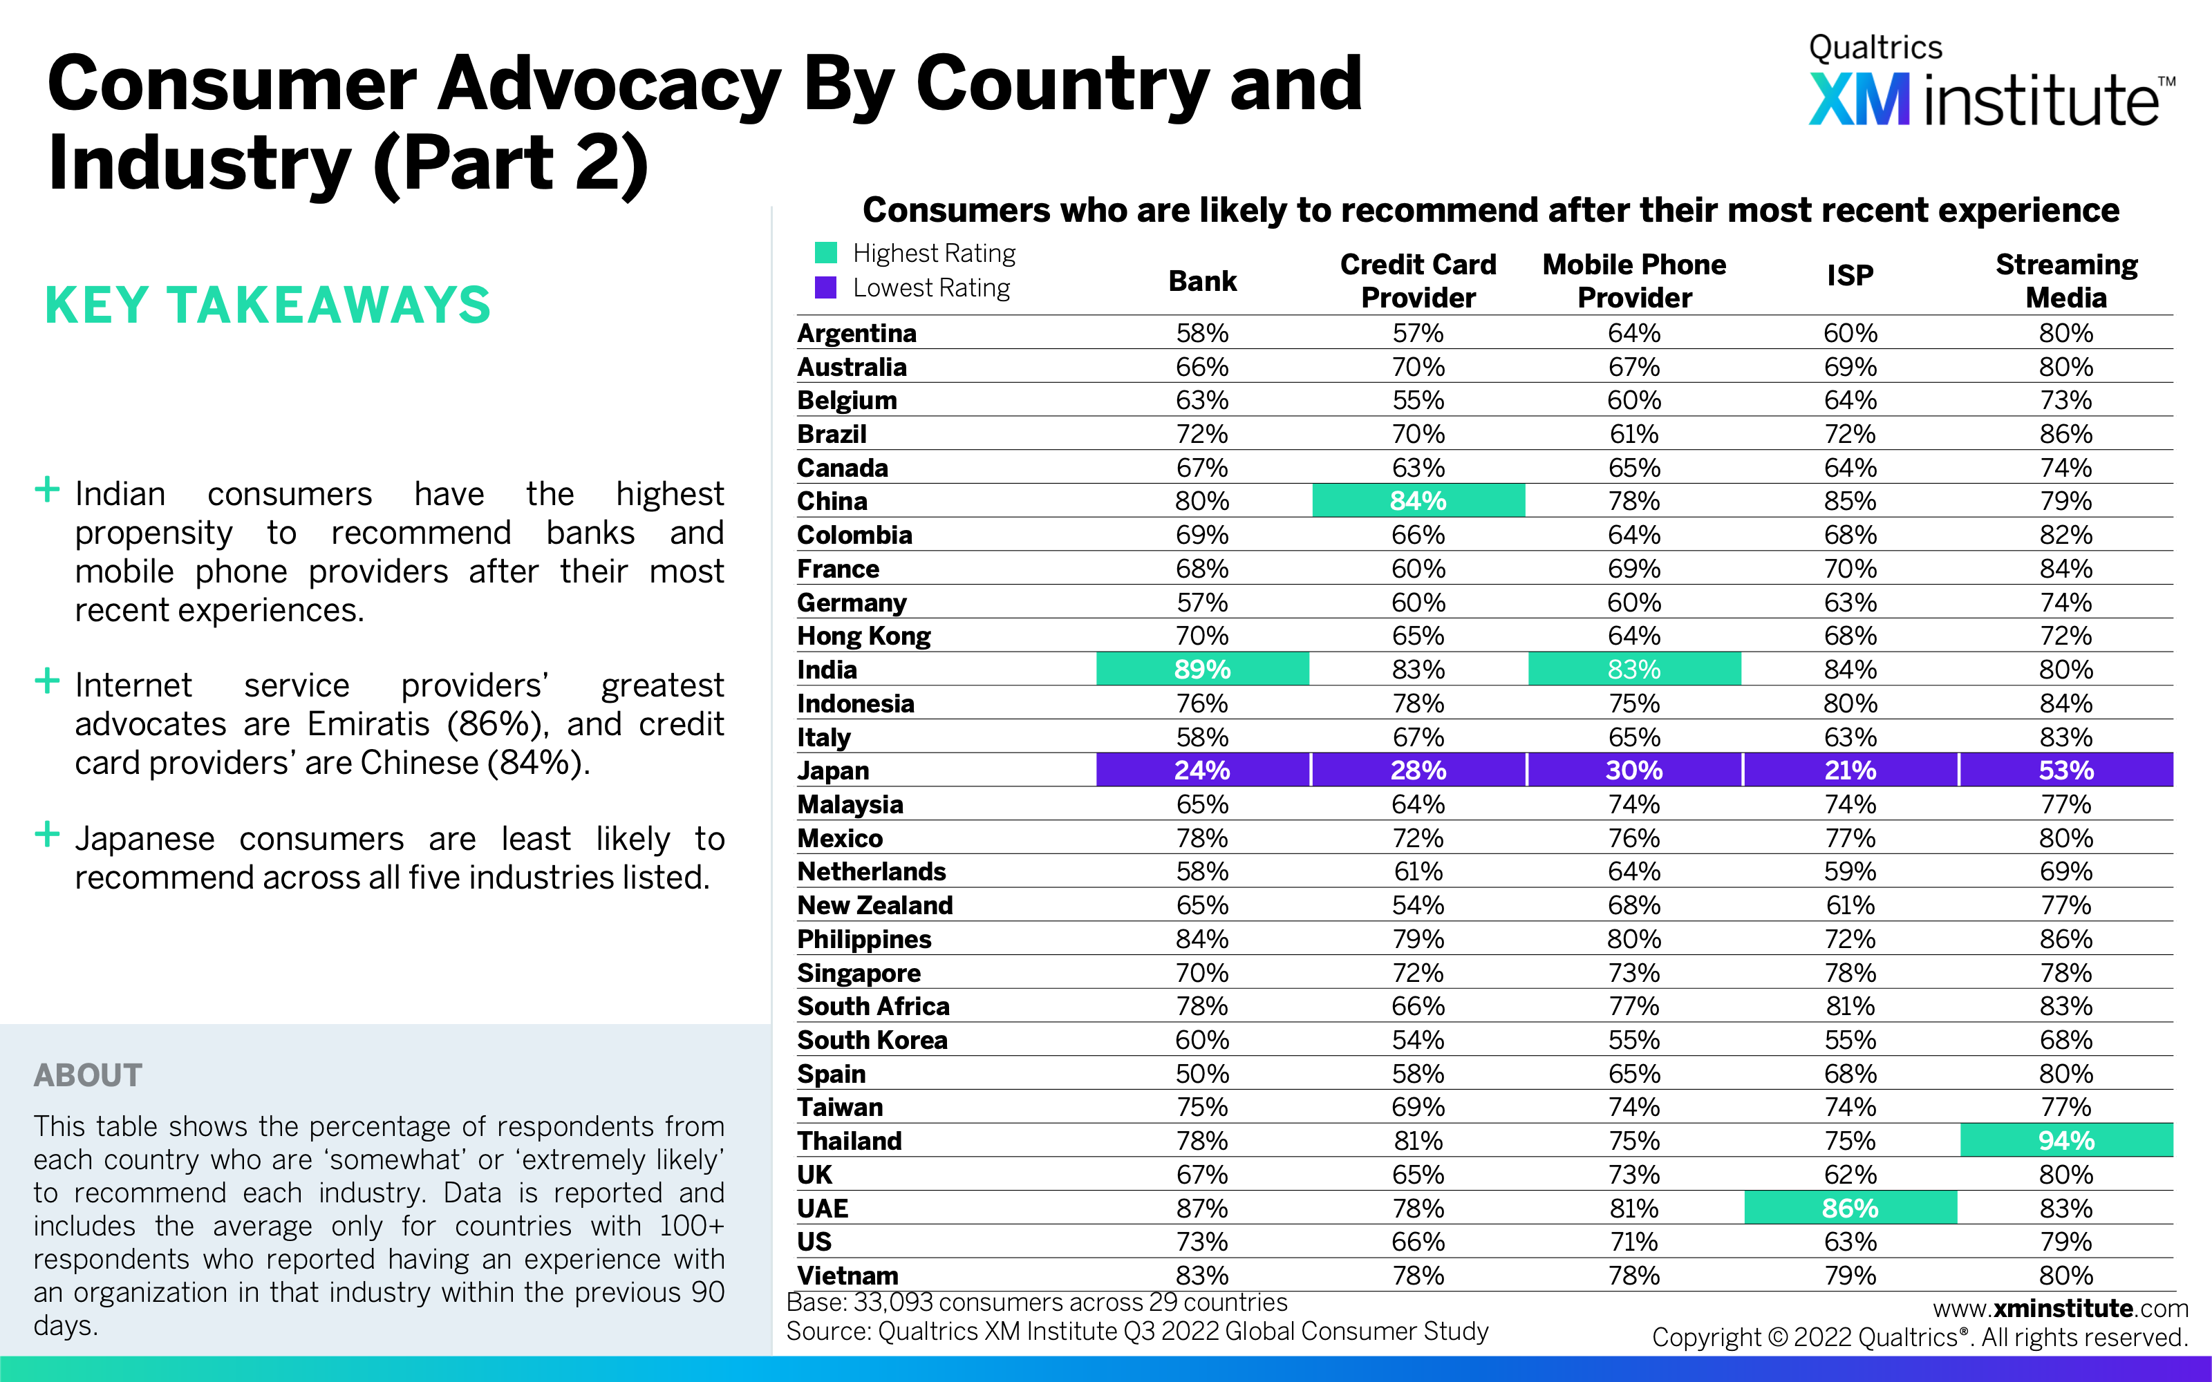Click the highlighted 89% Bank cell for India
coord(1202,669)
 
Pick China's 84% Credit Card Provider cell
coord(1418,501)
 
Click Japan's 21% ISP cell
coord(1850,770)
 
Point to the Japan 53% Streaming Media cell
coord(2065,770)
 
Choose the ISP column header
coord(1850,275)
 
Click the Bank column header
coord(1202,281)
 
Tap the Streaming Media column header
coord(2065,281)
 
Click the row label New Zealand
coord(874,905)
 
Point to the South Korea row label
coord(872,1040)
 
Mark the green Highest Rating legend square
coord(825,252)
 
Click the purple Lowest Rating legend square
coord(825,288)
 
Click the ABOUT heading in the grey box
coord(88,1075)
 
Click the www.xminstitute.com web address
coord(2060,1308)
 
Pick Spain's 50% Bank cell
coord(1202,1074)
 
